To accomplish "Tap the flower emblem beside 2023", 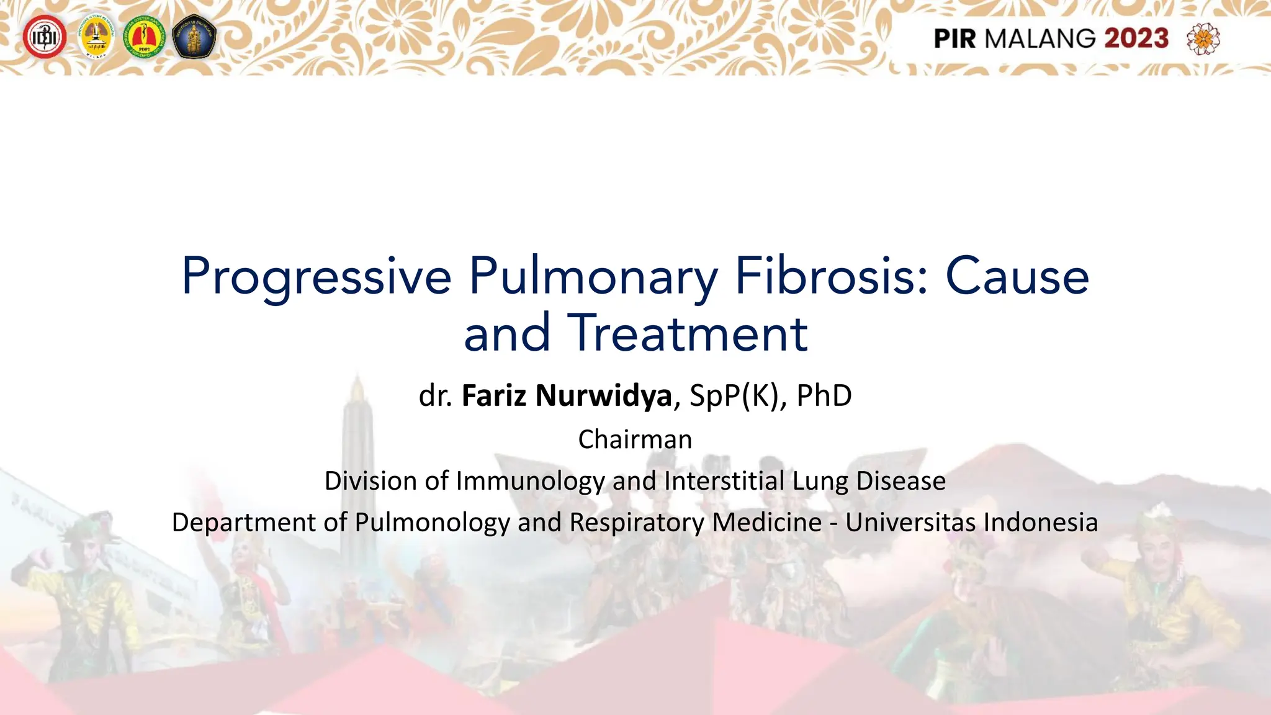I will pos(1203,38).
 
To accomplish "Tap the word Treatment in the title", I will pos(687,333).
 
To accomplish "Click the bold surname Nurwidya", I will pos(604,396).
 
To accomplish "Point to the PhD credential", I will pos(824,396).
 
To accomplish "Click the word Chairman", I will pos(635,439).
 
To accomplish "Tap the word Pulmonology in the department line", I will pos(432,523).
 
